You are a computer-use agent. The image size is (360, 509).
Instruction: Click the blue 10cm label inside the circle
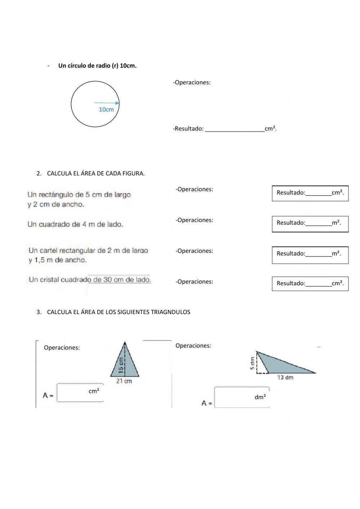pyautogui.click(x=106, y=110)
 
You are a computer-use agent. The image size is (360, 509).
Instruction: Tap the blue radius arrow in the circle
pyautogui.click(x=107, y=103)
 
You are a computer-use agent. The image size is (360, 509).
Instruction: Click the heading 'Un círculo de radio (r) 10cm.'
pyautogui.click(x=97, y=66)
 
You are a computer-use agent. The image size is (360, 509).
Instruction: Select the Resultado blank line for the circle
pyautogui.click(x=234, y=129)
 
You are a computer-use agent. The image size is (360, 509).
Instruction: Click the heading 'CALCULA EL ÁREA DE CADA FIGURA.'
pyautogui.click(x=95, y=173)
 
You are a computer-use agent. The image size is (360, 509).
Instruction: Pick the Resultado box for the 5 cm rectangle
pyautogui.click(x=310, y=193)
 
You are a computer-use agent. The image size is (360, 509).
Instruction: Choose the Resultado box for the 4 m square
pyautogui.click(x=310, y=223)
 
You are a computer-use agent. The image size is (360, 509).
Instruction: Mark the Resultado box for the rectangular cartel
pyautogui.click(x=310, y=254)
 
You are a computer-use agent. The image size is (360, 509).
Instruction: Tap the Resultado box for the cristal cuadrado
pyautogui.click(x=310, y=283)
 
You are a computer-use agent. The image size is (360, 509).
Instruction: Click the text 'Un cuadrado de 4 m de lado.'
pyautogui.click(x=75, y=224)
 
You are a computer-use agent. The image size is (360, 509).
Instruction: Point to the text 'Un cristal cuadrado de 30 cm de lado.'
pyautogui.click(x=90, y=280)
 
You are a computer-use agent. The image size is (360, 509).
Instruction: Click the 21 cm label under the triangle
pyautogui.click(x=124, y=381)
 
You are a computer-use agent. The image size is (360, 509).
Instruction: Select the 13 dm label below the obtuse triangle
pyautogui.click(x=285, y=378)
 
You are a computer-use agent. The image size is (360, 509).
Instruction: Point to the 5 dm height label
pyautogui.click(x=253, y=363)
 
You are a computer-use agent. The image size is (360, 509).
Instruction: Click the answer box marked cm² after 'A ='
pyautogui.click(x=80, y=393)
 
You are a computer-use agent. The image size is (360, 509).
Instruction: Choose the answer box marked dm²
pyautogui.click(x=242, y=397)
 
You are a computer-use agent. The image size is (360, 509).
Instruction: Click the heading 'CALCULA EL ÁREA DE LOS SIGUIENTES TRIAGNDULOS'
pyautogui.click(x=118, y=312)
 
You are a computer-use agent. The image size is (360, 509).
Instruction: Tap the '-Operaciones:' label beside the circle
pyautogui.click(x=192, y=82)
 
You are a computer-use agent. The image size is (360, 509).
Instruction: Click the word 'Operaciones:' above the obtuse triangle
pyautogui.click(x=193, y=346)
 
